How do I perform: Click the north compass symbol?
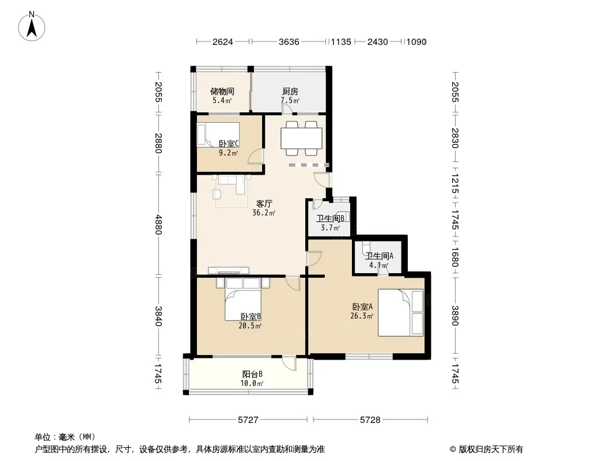tap(32, 27)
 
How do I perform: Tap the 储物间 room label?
tap(222, 91)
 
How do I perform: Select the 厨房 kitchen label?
tap(290, 91)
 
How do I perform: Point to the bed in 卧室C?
tap(218, 135)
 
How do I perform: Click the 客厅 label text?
tap(264, 203)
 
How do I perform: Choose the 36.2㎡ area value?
tap(264, 213)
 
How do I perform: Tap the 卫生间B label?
tap(330, 218)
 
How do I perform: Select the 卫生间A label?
tap(379, 256)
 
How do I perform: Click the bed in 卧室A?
tap(400, 312)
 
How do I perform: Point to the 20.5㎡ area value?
tap(250, 326)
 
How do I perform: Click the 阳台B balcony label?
tap(252, 375)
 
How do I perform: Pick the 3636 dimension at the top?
tap(289, 42)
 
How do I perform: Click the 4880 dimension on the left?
tap(158, 224)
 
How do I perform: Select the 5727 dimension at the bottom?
tap(248, 420)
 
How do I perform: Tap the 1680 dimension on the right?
tap(454, 256)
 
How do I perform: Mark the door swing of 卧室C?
tap(256, 157)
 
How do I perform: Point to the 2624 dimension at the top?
tap(223, 42)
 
